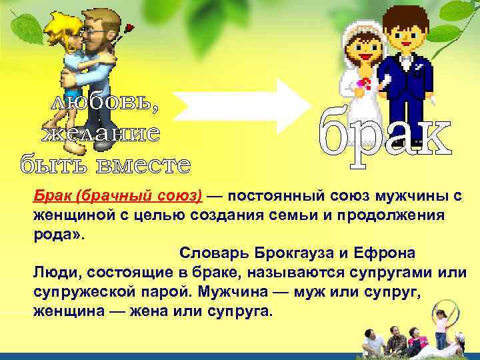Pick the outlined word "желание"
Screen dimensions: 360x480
tap(101, 133)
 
